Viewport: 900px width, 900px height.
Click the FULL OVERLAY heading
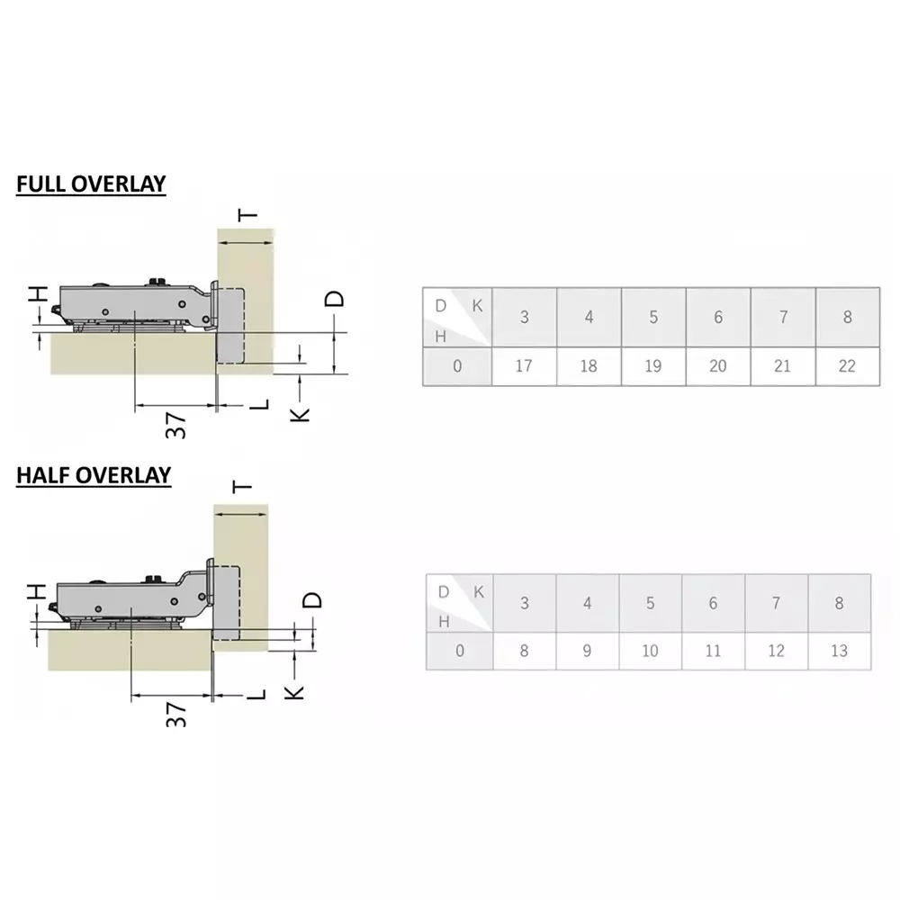pyautogui.click(x=91, y=184)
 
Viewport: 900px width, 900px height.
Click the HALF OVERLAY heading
pyautogui.click(x=94, y=475)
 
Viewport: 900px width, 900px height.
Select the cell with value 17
pyautogui.click(x=524, y=366)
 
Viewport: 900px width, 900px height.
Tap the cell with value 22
pyautogui.click(x=847, y=366)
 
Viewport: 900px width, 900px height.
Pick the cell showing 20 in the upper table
pyautogui.click(x=718, y=366)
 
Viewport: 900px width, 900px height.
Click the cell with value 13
pyautogui.click(x=839, y=651)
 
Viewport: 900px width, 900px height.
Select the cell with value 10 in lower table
pyautogui.click(x=650, y=651)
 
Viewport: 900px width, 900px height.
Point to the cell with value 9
pyautogui.click(x=587, y=651)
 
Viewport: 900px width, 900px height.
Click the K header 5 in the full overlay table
pyautogui.click(x=653, y=317)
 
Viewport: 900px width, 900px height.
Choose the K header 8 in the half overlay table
pyautogui.click(x=839, y=603)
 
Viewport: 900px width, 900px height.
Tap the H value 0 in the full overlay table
pyautogui.click(x=457, y=366)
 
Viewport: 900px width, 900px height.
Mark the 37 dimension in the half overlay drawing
pyautogui.click(x=177, y=715)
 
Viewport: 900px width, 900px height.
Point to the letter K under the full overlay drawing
pyautogui.click(x=301, y=413)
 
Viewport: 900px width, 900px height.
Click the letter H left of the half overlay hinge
pyautogui.click(x=35, y=591)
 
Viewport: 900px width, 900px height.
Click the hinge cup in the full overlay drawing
pyautogui.click(x=231, y=324)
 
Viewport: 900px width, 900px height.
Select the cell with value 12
pyautogui.click(x=776, y=651)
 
